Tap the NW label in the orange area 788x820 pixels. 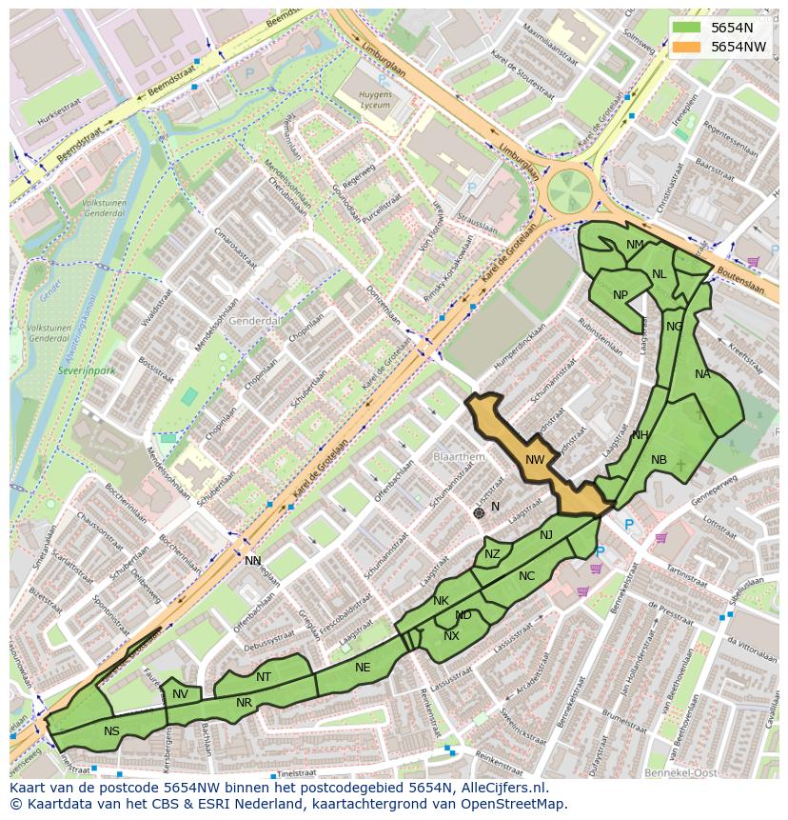[x=535, y=460]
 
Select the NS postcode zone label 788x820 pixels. [x=112, y=730]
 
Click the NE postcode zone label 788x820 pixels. [x=363, y=668]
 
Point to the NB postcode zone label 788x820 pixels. [x=659, y=460]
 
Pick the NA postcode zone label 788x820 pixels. [x=702, y=374]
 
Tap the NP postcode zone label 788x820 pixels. [x=621, y=294]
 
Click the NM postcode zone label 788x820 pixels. [x=635, y=245]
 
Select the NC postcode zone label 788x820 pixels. [x=526, y=575]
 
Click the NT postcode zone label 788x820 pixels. [x=264, y=677]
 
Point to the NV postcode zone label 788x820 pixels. [x=180, y=694]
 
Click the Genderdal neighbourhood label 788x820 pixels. [x=255, y=321]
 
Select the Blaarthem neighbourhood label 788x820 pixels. [x=459, y=457]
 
